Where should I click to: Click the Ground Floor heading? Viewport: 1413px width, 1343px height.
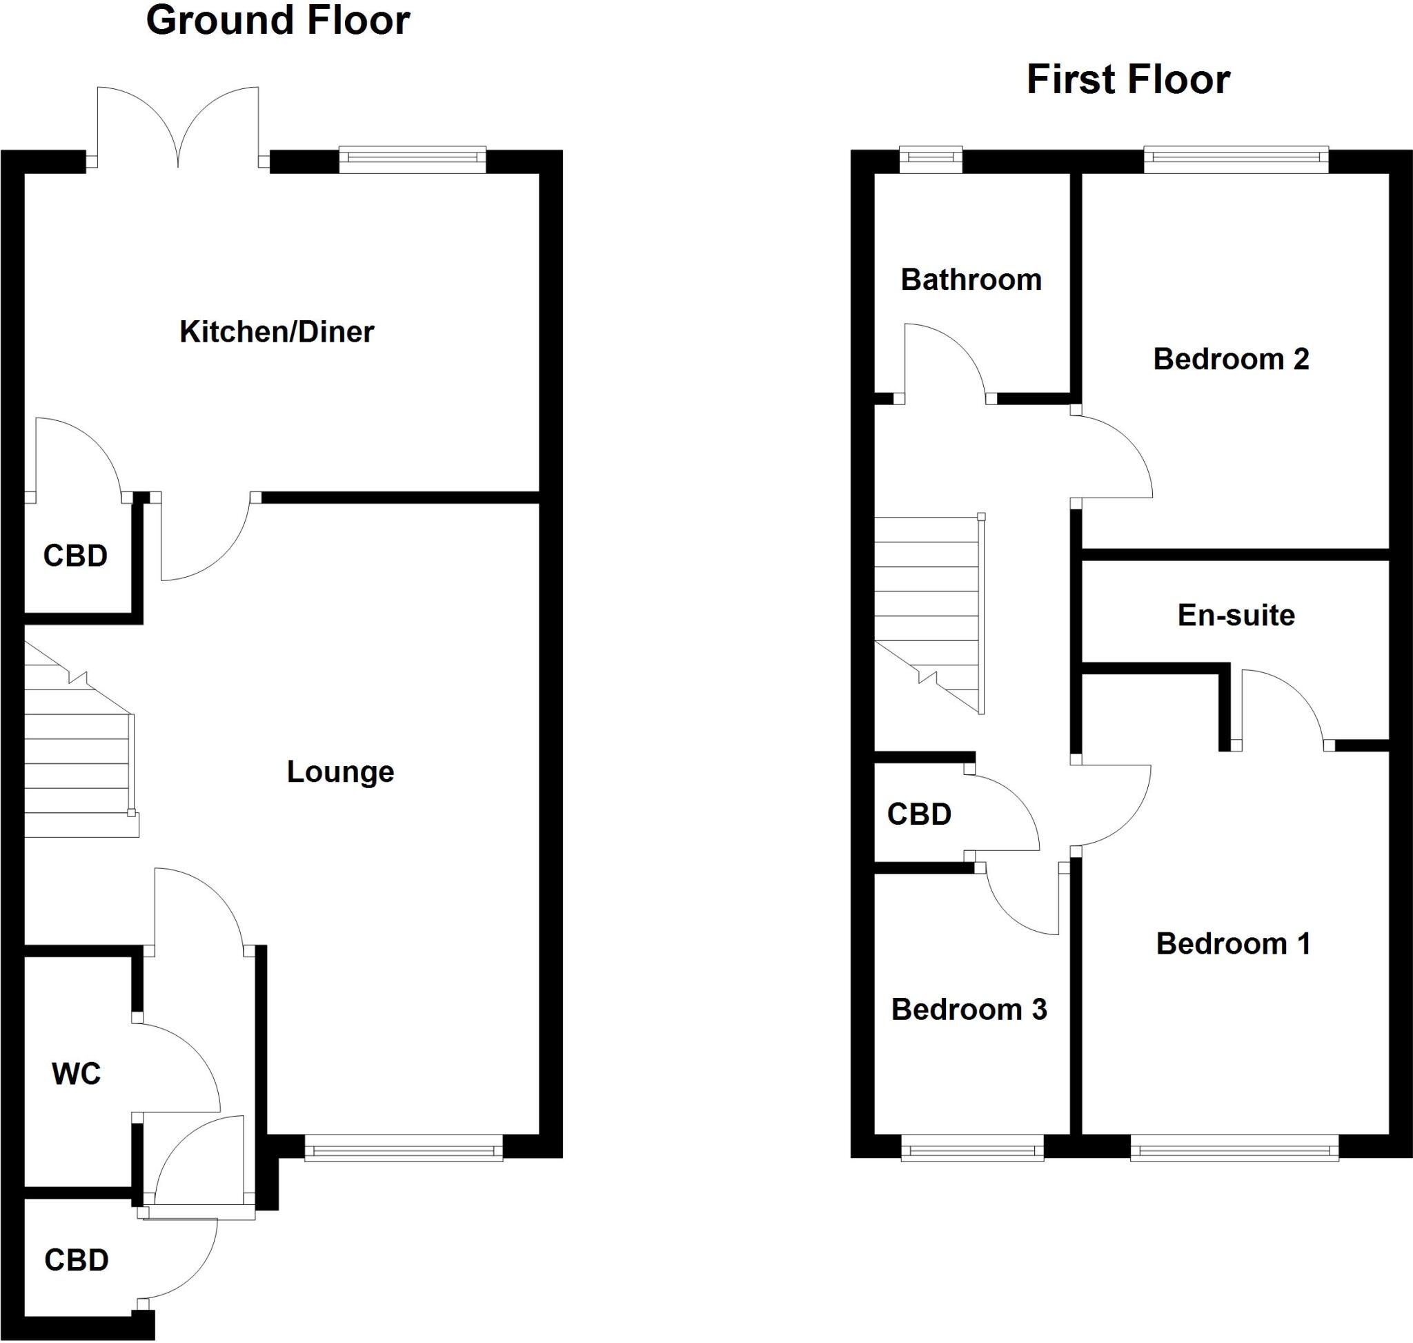click(278, 21)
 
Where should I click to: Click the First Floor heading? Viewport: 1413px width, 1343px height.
click(1128, 79)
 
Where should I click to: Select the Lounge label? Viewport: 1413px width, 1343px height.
click(340, 772)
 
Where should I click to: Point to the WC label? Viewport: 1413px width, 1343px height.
click(77, 1074)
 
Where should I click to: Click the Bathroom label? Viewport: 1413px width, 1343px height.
click(971, 280)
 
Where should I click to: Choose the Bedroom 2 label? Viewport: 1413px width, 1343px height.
click(1230, 360)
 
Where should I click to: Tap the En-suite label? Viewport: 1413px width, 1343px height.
click(1236, 616)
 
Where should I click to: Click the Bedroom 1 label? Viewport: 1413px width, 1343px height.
click(1233, 944)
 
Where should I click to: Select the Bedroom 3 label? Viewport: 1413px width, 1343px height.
click(969, 1010)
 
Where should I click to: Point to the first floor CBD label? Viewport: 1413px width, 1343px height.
click(919, 814)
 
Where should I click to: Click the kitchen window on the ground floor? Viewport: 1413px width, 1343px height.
click(413, 159)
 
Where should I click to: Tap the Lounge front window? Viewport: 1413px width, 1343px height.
click(404, 1148)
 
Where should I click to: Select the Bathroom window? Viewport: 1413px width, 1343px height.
click(931, 159)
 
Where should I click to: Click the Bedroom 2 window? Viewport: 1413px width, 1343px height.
click(1236, 159)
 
